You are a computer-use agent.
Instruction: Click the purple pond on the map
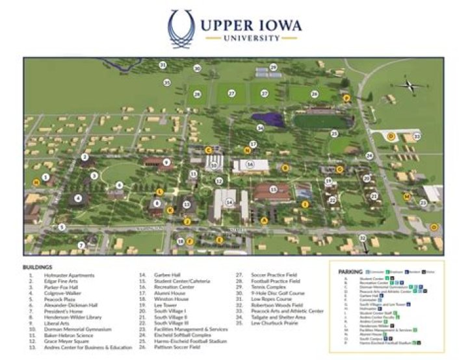266,119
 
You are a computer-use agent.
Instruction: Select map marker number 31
163,65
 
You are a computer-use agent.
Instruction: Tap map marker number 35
167,83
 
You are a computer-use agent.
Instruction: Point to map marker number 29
274,67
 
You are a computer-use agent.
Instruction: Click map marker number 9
166,162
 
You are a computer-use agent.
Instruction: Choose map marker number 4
79,199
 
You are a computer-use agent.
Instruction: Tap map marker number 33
417,136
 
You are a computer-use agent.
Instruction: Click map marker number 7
82,245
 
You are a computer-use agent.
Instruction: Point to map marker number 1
45,177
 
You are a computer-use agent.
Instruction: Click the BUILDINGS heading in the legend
38,267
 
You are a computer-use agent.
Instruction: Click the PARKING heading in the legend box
350,271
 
